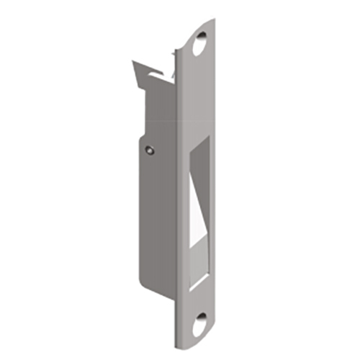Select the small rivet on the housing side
tap(148, 150)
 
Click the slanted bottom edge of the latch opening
tap(201, 274)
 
